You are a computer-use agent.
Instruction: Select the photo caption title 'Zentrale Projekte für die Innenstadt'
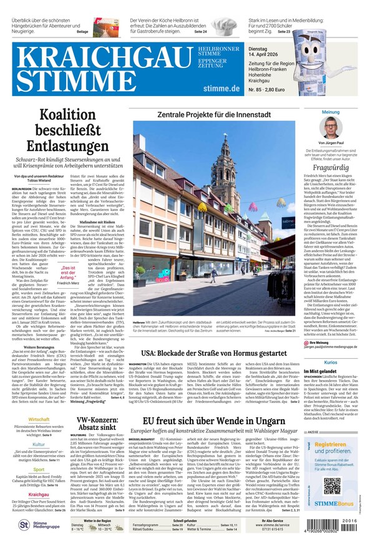(218, 115)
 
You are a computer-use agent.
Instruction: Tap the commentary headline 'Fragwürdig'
(331, 168)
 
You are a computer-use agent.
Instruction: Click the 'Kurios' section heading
(331, 362)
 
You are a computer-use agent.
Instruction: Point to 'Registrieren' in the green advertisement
(331, 444)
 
